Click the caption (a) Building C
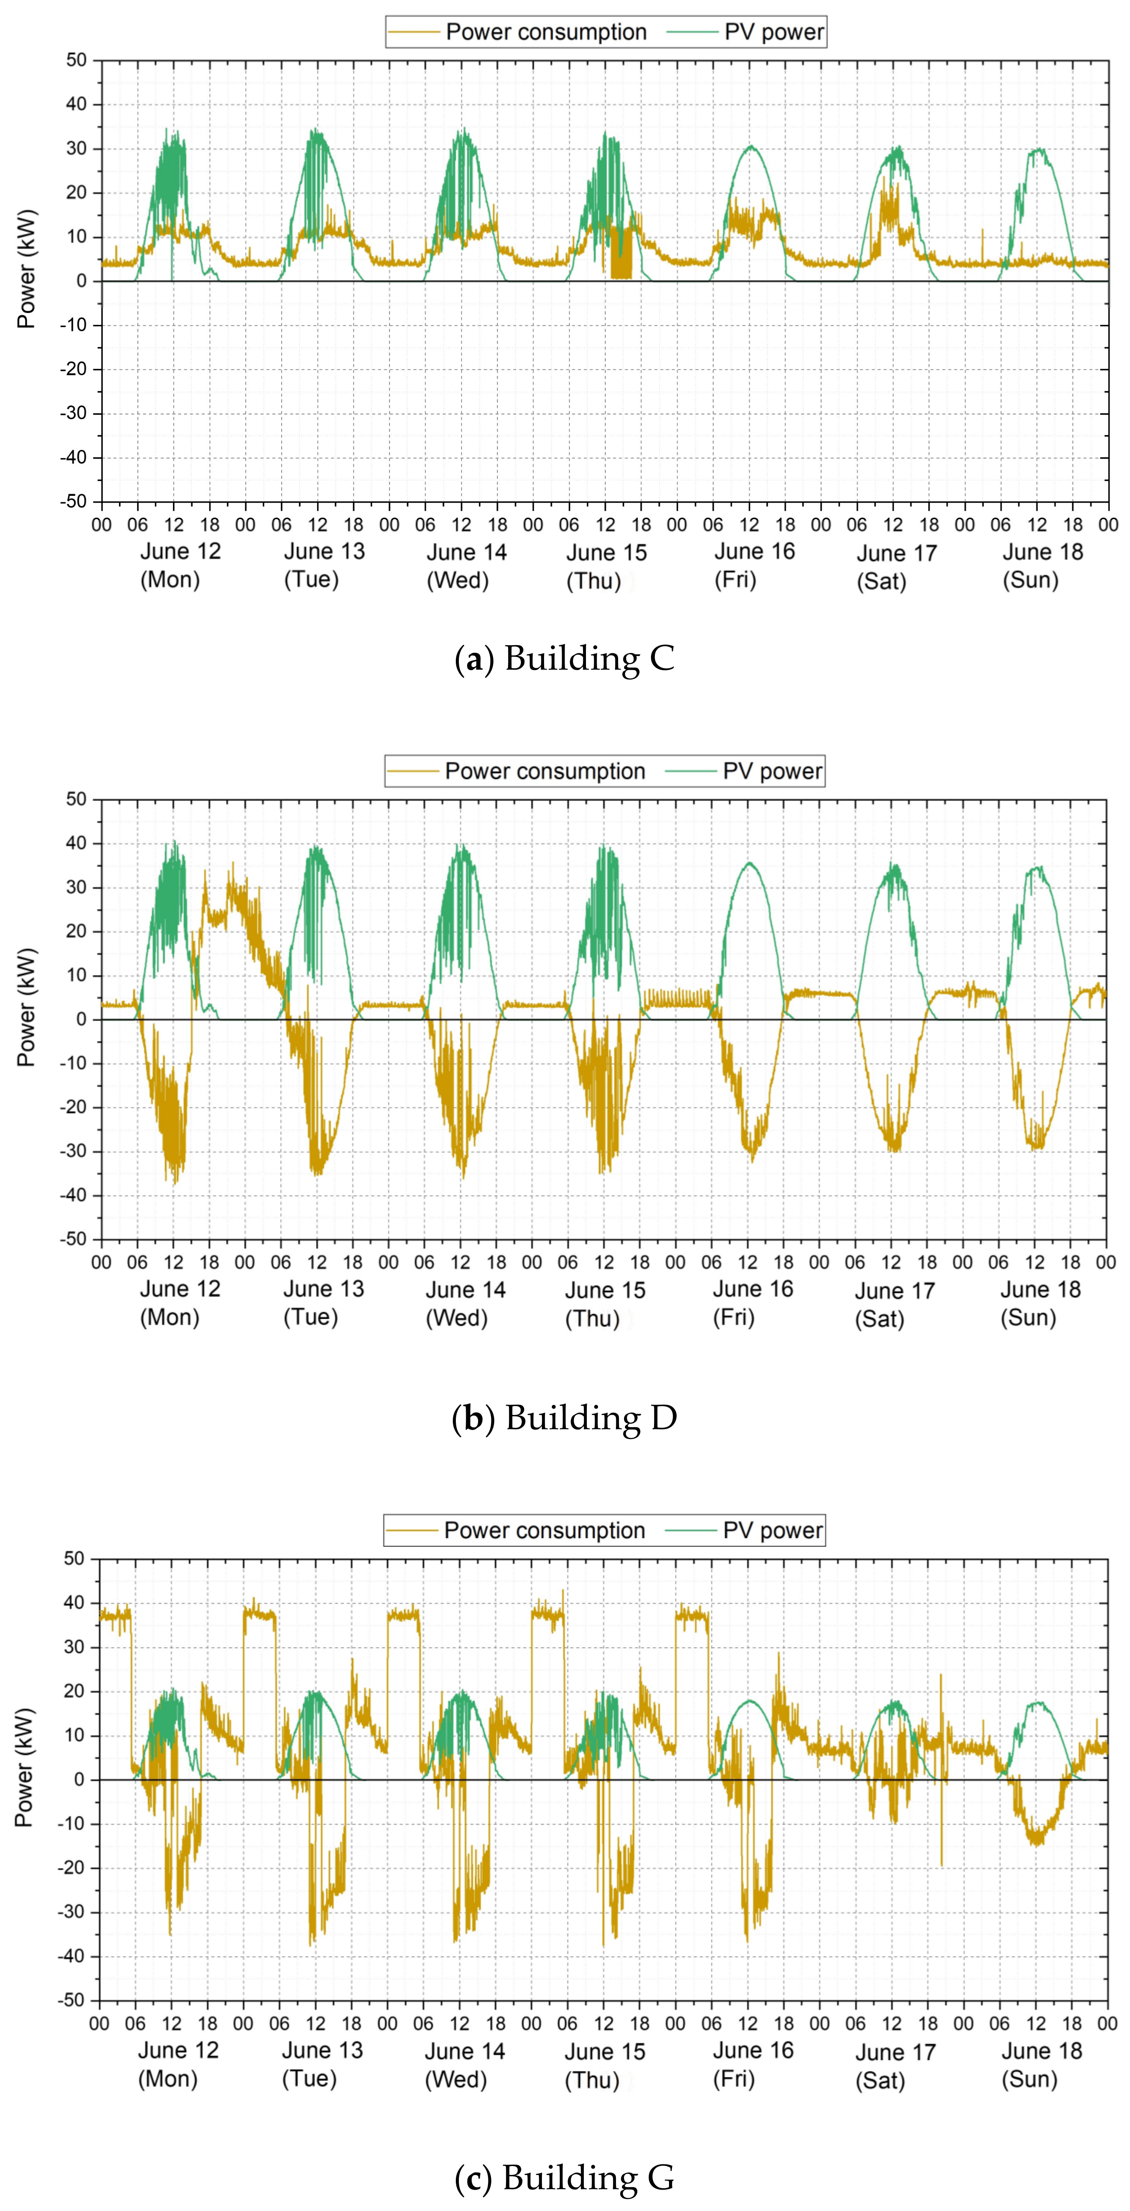tap(565, 659)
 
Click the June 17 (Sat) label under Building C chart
tap(896, 566)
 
